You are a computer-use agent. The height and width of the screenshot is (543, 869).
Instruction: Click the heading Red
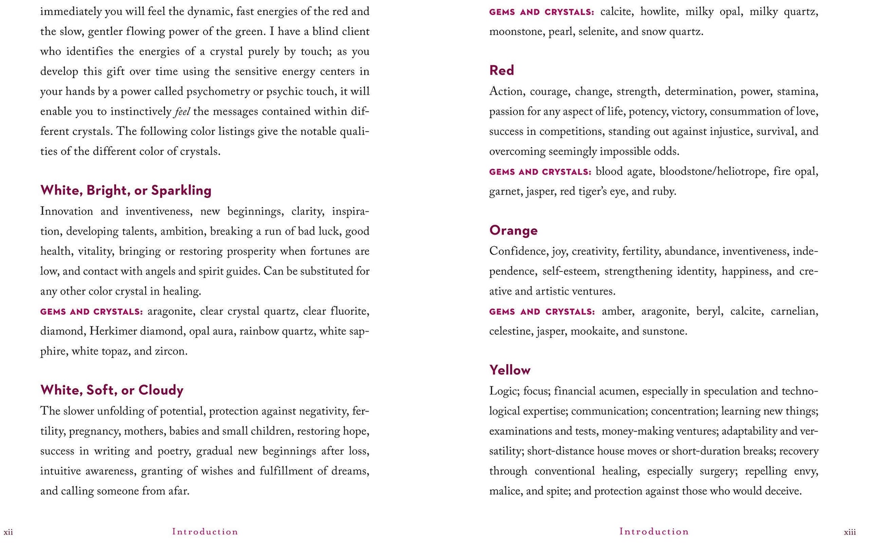tap(501, 70)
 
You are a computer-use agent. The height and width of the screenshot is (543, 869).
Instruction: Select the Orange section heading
tap(513, 230)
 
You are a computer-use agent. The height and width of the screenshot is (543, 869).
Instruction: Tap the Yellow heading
tap(510, 370)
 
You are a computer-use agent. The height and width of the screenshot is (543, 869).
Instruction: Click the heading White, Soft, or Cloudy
tap(112, 390)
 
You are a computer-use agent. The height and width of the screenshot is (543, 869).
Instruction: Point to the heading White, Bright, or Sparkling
tap(126, 190)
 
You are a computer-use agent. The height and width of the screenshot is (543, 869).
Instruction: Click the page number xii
tap(8, 532)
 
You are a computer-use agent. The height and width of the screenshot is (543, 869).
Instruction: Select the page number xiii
tap(850, 532)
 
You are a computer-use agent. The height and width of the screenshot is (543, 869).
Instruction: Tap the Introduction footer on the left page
tap(205, 532)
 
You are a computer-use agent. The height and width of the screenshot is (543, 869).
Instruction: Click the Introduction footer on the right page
tap(654, 532)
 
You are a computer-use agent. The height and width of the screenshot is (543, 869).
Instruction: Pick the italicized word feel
tap(182, 112)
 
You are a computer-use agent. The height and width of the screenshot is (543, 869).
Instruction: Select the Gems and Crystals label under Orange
tap(542, 312)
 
